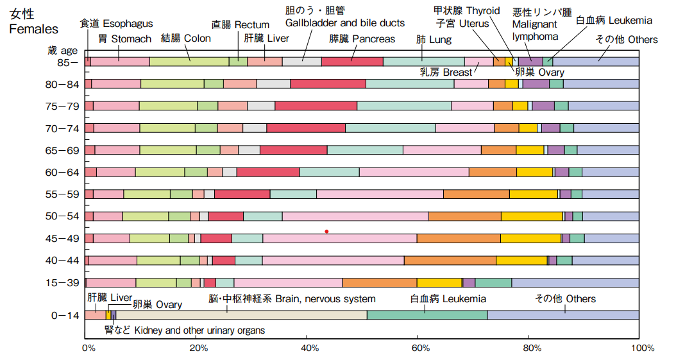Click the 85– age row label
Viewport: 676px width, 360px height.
coord(67,62)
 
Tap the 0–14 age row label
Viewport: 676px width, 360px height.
coord(66,315)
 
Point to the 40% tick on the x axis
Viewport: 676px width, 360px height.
coord(310,348)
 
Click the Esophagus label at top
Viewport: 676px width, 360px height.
coord(116,24)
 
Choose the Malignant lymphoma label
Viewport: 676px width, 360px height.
coord(536,30)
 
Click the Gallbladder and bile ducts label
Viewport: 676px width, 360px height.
coord(345,23)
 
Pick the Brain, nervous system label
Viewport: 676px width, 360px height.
coord(292,299)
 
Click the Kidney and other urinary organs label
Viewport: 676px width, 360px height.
coord(185,330)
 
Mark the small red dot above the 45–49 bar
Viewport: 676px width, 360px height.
coord(326,231)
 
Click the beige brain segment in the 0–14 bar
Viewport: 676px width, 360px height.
coord(241,314)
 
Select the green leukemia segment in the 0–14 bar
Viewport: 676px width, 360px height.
coord(427,314)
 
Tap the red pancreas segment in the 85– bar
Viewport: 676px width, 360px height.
coord(351,62)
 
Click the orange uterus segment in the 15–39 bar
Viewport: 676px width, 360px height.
coord(379,282)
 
